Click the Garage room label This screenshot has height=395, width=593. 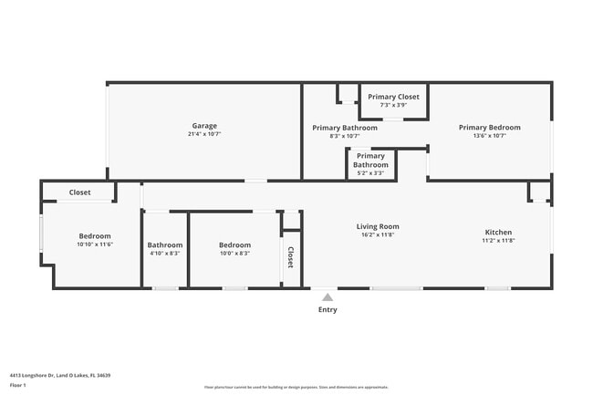click(x=204, y=126)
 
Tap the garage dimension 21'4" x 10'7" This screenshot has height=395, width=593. click(x=204, y=134)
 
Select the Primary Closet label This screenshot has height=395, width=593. click(x=393, y=97)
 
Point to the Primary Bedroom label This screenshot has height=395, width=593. click(x=489, y=128)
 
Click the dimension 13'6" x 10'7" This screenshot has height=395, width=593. click(x=489, y=136)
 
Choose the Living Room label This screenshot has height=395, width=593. click(x=378, y=226)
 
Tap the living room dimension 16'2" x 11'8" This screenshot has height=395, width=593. click(x=378, y=234)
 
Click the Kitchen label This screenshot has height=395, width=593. click(x=498, y=233)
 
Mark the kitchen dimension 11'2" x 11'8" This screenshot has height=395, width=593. click(x=498, y=241)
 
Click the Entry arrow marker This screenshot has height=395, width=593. click(x=327, y=296)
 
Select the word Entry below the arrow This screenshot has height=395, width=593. click(x=327, y=309)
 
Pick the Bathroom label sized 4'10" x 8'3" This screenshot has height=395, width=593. click(x=165, y=244)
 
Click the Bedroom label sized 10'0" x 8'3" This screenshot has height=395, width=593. click(x=234, y=244)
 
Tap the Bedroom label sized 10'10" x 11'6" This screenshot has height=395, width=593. click(x=94, y=236)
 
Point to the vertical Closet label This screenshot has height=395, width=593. click(x=291, y=257)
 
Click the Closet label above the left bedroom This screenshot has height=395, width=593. click(x=79, y=192)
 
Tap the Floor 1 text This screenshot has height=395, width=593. click(x=18, y=386)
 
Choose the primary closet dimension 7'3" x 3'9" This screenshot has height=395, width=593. click(x=393, y=105)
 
